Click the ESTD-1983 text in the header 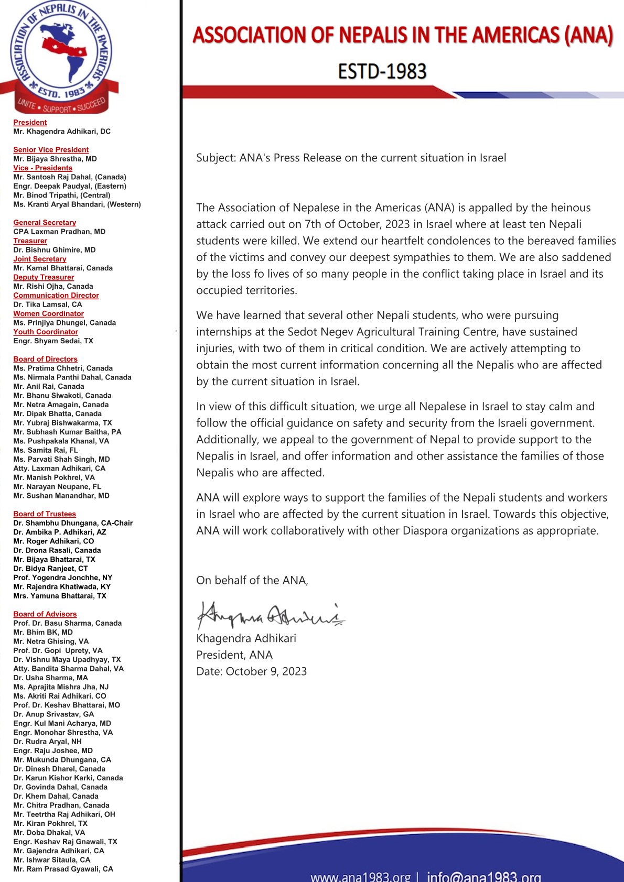click(382, 72)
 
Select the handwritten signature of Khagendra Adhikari click(270, 615)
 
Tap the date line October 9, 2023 click(251, 671)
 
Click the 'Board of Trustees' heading click(45, 514)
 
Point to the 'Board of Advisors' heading click(45, 614)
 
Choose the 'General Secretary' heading click(45, 223)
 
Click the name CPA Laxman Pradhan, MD click(59, 232)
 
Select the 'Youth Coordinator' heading click(46, 332)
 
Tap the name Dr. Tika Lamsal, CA click(48, 304)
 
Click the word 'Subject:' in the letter click(216, 158)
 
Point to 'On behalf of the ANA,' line click(252, 580)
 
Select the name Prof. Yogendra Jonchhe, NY click(63, 578)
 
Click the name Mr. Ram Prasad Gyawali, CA click(63, 869)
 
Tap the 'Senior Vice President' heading click(51, 150)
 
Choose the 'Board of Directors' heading click(46, 359)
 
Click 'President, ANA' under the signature click(234, 655)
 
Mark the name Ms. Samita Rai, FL click(46, 450)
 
